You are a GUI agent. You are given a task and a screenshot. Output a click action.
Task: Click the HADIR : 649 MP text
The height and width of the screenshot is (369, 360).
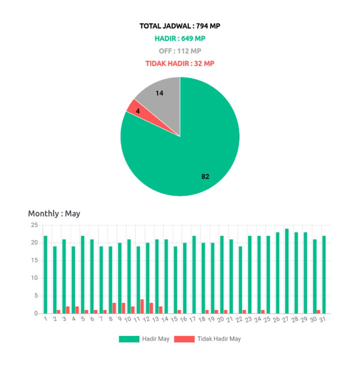180,38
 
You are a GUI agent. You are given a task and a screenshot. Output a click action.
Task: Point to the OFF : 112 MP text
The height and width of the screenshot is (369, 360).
180,50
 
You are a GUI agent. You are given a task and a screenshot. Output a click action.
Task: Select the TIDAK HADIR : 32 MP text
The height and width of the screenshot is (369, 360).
180,63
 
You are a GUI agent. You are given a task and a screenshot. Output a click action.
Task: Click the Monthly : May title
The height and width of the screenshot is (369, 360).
54,213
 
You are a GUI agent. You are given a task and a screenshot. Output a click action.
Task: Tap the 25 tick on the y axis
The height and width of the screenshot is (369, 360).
34,224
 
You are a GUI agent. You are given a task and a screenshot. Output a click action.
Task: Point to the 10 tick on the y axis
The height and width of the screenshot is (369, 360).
34,277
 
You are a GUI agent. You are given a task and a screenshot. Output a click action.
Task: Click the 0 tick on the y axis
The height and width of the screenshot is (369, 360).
36,313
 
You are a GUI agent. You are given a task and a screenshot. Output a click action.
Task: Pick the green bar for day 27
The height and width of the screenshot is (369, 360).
287,270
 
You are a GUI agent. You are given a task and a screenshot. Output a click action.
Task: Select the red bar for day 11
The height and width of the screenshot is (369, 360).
142,306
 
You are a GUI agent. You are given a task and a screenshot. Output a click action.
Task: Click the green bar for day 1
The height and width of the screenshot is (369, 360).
45,274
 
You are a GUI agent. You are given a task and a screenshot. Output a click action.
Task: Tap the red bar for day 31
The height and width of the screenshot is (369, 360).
319,311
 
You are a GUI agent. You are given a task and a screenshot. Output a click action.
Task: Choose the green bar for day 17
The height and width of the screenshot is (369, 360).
194,274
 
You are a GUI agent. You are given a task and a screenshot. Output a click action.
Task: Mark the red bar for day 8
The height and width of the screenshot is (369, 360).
114,307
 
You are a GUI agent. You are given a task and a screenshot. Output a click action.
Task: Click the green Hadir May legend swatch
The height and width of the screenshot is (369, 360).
128,339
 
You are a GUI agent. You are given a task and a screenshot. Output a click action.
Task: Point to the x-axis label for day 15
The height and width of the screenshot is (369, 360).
174,319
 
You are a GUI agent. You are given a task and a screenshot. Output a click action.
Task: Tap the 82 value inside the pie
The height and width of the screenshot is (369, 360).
205,176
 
